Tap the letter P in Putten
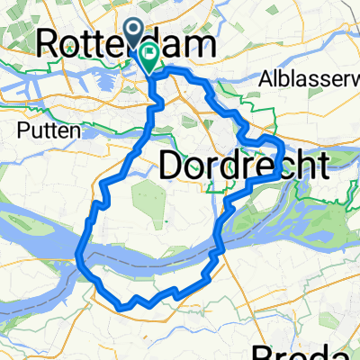22,130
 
